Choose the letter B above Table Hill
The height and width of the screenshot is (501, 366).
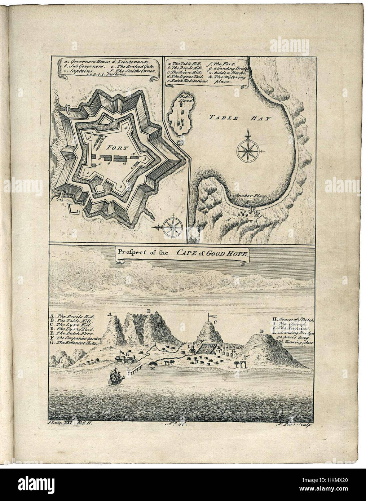147,311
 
